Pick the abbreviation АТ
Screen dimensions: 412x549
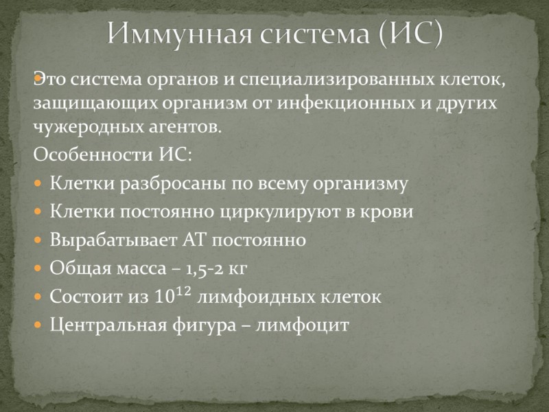(195, 240)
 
